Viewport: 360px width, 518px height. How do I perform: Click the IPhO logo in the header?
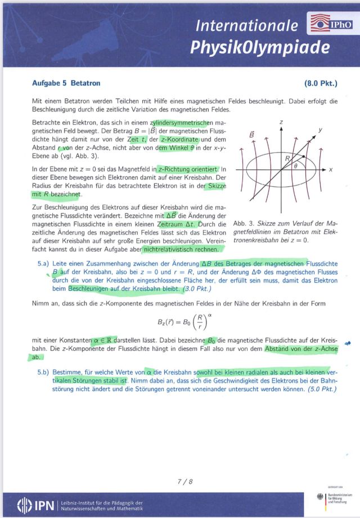[x=331, y=24]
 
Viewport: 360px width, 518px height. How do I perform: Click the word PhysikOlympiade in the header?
[x=259, y=47]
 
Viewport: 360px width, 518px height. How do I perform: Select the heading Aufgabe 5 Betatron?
[x=66, y=83]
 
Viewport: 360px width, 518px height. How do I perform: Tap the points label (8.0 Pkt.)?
[x=321, y=83]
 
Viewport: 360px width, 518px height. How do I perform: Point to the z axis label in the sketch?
[x=281, y=122]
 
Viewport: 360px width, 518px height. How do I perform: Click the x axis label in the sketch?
[x=331, y=169]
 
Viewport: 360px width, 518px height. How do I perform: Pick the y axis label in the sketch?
[x=320, y=130]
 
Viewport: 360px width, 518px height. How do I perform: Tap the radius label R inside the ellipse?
[x=287, y=159]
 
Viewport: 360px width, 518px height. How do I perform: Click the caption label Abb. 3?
[x=243, y=224]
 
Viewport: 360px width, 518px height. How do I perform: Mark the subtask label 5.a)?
[x=44, y=263]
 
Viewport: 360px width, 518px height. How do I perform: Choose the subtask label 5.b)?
[x=44, y=372]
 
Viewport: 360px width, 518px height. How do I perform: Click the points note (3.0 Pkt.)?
[x=197, y=289]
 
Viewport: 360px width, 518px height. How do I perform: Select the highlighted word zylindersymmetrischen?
[x=180, y=123]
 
